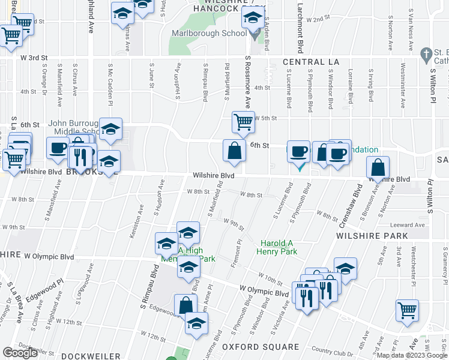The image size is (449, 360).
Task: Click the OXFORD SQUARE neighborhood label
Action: [x=261, y=347]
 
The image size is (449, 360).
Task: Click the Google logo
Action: [x=20, y=353]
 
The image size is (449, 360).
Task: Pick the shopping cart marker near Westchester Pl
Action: [x=407, y=310]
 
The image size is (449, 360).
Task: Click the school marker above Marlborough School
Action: [x=253, y=19]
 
